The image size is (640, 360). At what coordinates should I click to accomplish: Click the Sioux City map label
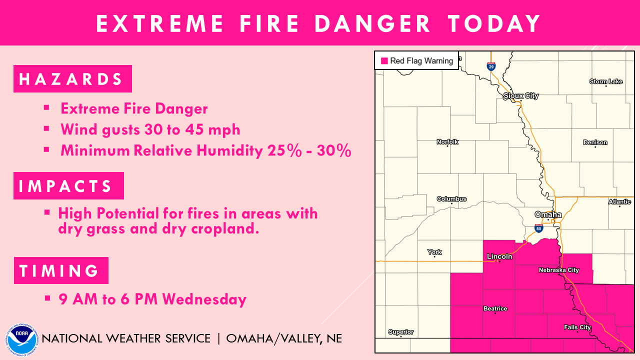[520, 95]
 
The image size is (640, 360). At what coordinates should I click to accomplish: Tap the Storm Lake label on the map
[606, 81]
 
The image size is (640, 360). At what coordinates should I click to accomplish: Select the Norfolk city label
[447, 142]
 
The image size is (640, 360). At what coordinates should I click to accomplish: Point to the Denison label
[595, 142]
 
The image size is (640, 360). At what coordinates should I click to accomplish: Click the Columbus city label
[451, 199]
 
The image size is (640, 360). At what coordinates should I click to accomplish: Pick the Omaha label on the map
[548, 214]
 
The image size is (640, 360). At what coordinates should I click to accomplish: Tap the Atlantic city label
[619, 202]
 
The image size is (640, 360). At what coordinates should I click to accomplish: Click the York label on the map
[434, 252]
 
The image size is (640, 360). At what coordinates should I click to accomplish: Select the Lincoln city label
[499, 256]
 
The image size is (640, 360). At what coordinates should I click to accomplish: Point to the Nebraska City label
[558, 270]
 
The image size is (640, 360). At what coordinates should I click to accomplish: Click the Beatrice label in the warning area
[495, 308]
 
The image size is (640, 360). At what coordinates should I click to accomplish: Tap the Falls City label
[577, 327]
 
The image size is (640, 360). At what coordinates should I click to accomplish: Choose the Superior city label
[401, 332]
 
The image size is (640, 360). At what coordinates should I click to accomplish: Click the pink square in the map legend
[384, 61]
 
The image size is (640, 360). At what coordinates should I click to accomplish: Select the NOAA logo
[22, 339]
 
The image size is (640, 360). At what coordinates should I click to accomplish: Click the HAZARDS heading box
[72, 79]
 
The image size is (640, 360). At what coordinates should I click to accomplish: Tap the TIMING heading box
[61, 270]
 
